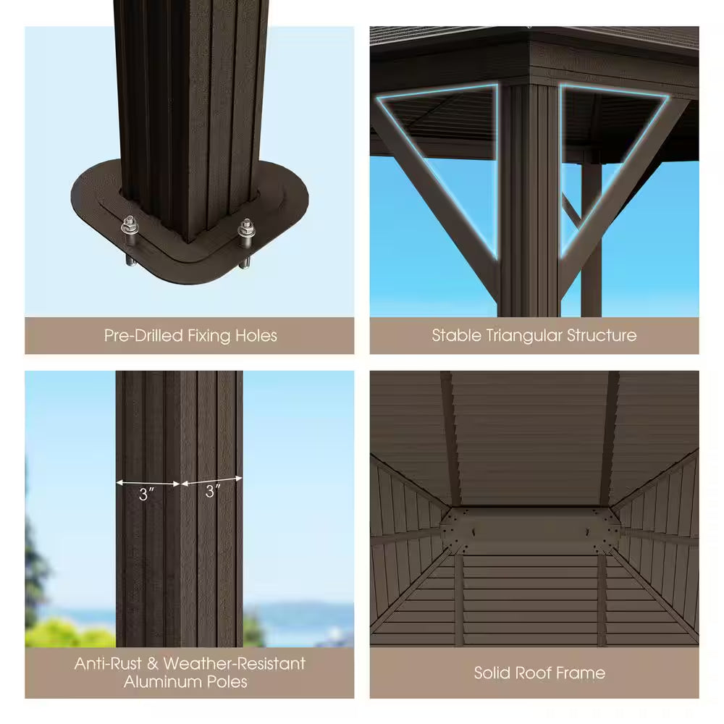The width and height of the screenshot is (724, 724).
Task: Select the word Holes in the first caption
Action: point(255,336)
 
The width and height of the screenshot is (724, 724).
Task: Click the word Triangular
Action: point(524,336)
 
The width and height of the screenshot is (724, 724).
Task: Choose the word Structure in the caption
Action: point(603,335)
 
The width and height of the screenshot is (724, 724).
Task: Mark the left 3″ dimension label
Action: point(148,494)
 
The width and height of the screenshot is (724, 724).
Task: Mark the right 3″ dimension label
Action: point(212,492)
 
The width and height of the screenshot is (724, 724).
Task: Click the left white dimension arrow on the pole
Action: point(148,482)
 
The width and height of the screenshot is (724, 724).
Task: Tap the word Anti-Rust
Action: point(113,663)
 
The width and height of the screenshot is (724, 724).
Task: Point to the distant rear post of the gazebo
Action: point(591,239)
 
